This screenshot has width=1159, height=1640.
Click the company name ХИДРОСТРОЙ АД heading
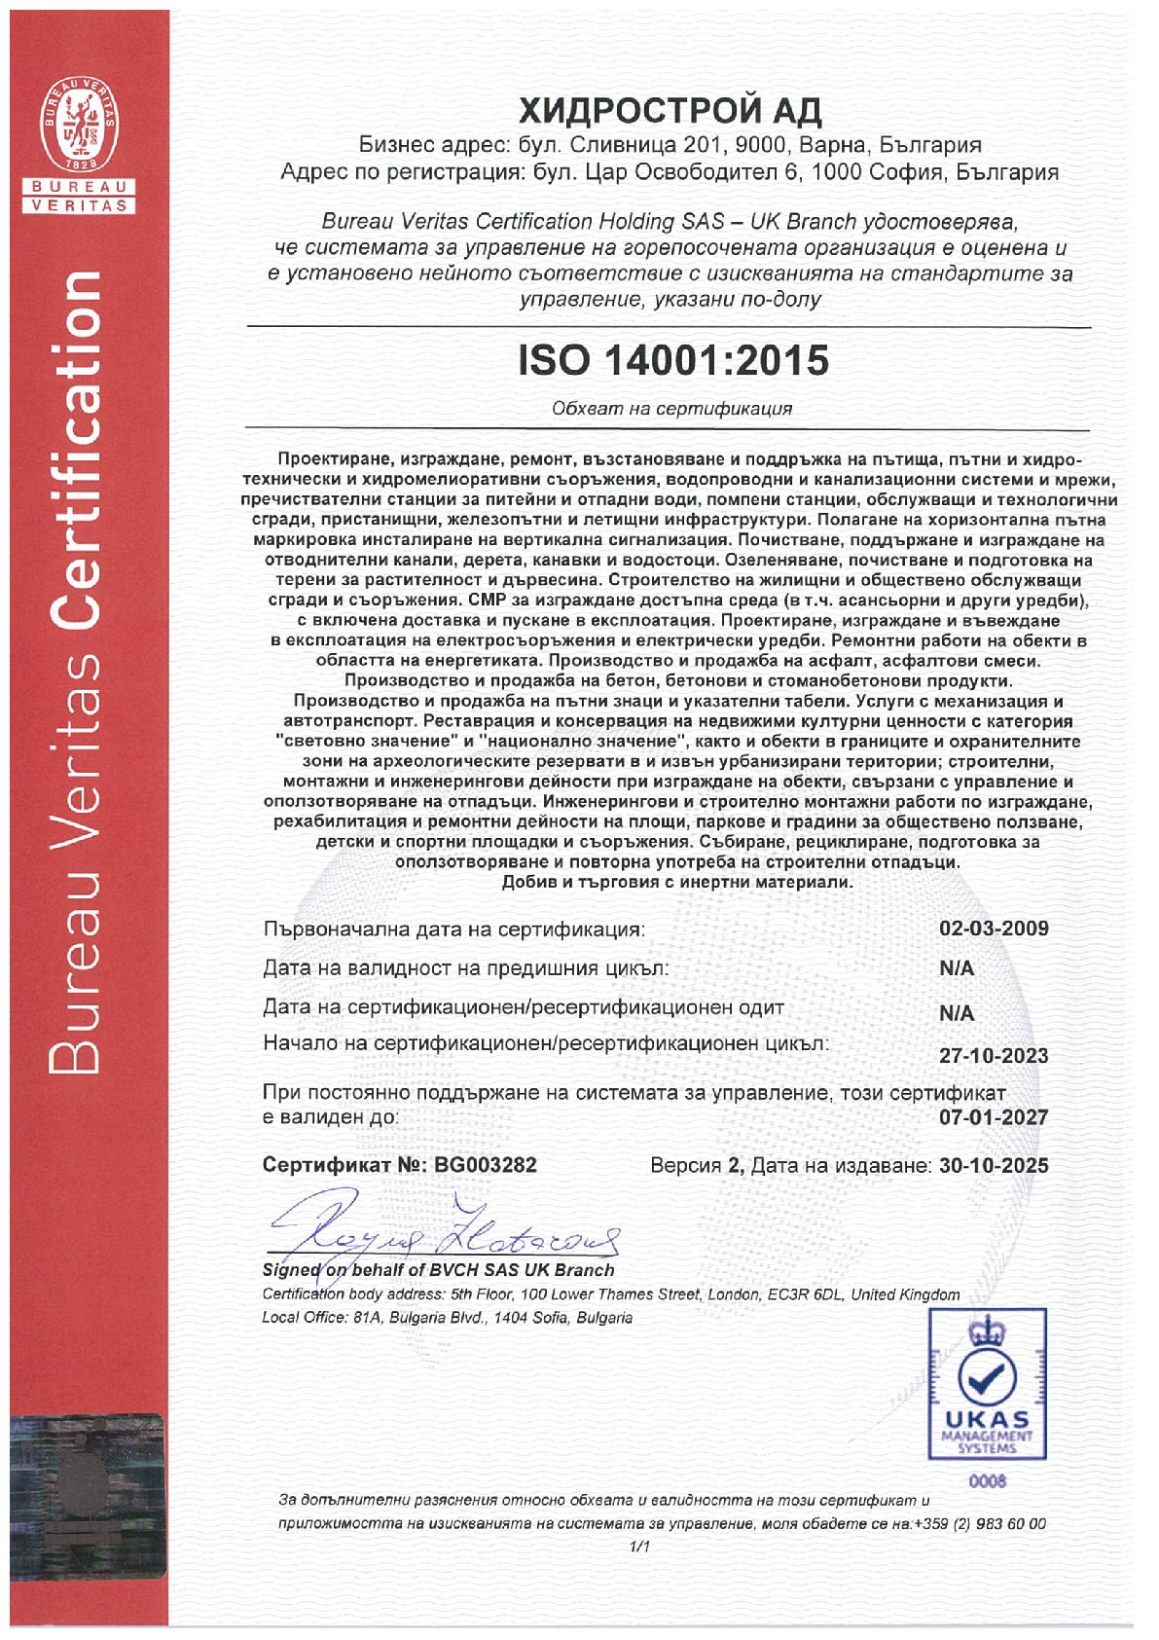(x=670, y=111)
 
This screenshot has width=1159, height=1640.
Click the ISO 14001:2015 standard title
(x=673, y=361)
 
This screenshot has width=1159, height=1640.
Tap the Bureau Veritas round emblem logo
(x=79, y=123)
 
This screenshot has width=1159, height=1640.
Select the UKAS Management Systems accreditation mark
(x=987, y=1382)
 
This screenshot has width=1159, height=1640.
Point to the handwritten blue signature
(x=443, y=1230)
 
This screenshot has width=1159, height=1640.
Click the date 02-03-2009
(x=994, y=928)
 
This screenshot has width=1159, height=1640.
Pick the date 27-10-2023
(x=994, y=1056)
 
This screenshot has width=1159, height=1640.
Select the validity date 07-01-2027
(x=994, y=1117)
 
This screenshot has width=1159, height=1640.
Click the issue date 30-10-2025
(x=994, y=1165)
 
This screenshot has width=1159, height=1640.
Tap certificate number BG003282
(x=486, y=1165)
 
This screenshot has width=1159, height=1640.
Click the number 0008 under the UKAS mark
(x=987, y=1480)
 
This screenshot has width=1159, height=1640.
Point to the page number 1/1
(x=639, y=1547)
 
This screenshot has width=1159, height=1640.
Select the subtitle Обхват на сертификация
(x=671, y=409)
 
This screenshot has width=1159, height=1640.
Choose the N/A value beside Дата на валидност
(x=957, y=968)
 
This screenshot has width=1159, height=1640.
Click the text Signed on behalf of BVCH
(x=388, y=1270)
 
